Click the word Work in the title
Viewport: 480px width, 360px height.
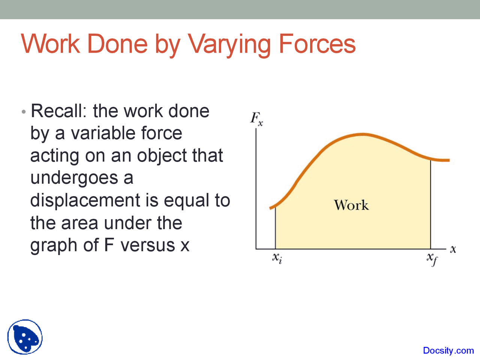click(x=51, y=44)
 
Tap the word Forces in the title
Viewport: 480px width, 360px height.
click(x=317, y=44)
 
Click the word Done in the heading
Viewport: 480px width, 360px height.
click(x=117, y=44)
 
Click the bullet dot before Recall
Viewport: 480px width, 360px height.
click(x=24, y=112)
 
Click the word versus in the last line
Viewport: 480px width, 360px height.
click(x=148, y=245)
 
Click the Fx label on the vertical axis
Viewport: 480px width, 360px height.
click(x=256, y=118)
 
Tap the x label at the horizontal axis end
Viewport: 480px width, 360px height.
click(x=453, y=249)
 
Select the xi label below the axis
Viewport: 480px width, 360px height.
click(x=277, y=258)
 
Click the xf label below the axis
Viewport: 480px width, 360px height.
click(x=432, y=259)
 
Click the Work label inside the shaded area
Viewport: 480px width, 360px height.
click(x=351, y=205)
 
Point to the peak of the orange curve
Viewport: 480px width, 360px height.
click(x=362, y=134)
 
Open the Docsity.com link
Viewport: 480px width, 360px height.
click(x=448, y=351)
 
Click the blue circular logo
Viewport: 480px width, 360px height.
click(x=25, y=337)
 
